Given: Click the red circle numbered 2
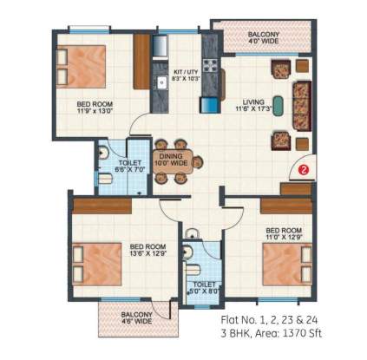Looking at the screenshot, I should [x=304, y=170].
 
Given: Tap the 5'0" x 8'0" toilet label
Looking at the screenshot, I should [x=205, y=286].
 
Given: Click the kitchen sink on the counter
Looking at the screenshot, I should [x=161, y=83].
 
